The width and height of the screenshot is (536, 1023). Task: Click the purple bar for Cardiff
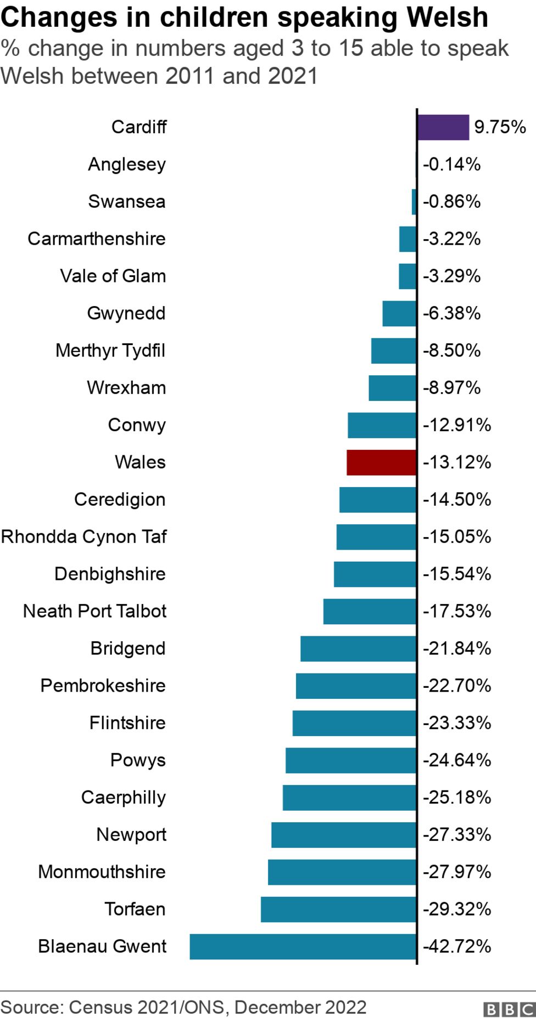pos(443,127)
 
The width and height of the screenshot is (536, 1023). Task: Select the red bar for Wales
pos(381,462)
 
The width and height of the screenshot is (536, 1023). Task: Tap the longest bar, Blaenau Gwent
pos(303,946)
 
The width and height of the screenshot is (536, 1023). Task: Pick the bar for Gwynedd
pos(399,313)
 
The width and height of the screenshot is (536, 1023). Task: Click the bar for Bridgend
pos(358,648)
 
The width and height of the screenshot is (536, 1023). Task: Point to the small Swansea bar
pos(414,201)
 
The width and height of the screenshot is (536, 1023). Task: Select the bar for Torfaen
pos(338,909)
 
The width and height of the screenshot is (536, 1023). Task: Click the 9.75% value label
pos(500,127)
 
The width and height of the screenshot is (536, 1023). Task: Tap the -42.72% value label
pos(456,946)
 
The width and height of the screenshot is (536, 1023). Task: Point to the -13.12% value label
pos(456,462)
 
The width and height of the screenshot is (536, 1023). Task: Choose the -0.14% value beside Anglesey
pos(451,164)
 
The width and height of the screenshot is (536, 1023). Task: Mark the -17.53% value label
pos(456,611)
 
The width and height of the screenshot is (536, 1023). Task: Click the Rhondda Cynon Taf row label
pos(84,536)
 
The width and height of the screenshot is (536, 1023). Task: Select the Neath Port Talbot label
pos(94,611)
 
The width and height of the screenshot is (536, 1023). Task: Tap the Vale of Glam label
pos(113,276)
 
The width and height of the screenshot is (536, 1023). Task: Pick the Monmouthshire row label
pos(102,872)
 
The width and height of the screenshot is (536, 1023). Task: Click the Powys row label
pos(138,760)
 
